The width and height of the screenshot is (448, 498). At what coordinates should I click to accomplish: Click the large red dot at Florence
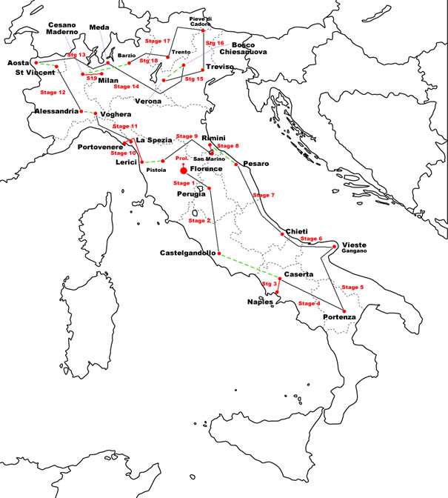tap(183, 170)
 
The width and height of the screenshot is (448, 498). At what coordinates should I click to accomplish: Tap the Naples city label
tap(261, 302)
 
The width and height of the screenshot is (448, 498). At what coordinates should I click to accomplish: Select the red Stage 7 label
tap(263, 195)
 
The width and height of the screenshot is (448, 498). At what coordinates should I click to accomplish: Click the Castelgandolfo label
tap(188, 253)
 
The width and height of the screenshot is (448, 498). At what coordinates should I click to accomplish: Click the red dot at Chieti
tap(283, 234)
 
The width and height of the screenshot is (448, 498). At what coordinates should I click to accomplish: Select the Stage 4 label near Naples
tap(308, 303)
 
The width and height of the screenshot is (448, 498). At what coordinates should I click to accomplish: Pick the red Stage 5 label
tap(352, 287)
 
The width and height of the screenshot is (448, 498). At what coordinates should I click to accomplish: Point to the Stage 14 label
tap(125, 87)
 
